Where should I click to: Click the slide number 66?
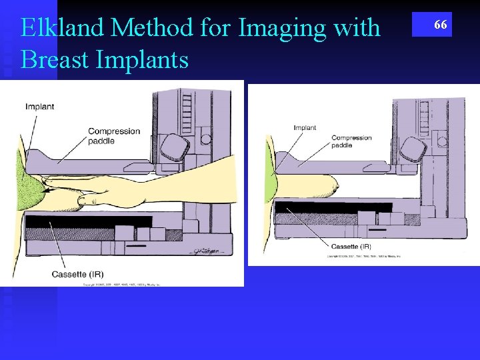(440, 25)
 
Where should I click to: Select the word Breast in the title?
(55, 60)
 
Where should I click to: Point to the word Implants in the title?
(143, 60)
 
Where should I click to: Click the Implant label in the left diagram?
(40, 107)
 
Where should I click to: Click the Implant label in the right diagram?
(305, 127)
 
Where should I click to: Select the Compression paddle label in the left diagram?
(114, 135)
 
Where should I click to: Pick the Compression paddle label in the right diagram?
(351, 141)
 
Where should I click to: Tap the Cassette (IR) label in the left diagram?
(77, 274)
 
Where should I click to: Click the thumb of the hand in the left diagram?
(89, 198)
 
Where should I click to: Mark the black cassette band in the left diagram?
(87, 222)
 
